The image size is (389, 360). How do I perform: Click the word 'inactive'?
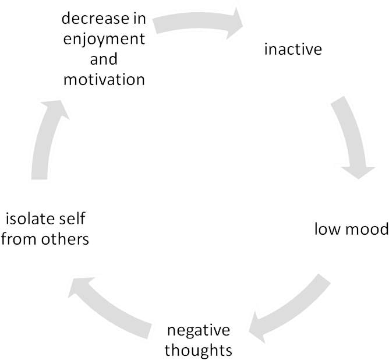pos(293,49)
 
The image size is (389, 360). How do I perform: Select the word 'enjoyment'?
pos(104,40)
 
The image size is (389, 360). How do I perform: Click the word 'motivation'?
pos(104,79)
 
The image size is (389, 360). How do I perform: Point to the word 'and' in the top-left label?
pos(104,59)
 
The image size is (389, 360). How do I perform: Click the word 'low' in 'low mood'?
pos(327,229)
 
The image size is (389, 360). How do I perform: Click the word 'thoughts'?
pos(199,350)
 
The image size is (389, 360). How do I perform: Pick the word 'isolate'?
pos(29,220)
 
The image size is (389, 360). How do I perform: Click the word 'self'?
pos(74,220)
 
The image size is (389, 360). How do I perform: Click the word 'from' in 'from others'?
pos(19,239)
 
